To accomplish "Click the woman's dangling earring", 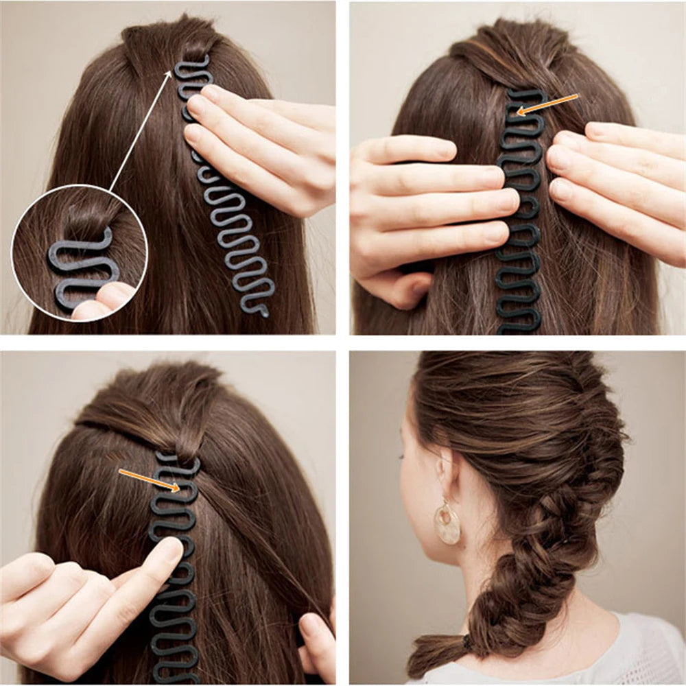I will [448, 523].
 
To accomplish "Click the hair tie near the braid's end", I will [466, 643].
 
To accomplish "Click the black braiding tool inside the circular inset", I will [79, 268].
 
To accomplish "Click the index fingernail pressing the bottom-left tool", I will [169, 549].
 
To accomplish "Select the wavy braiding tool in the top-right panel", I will [519, 226].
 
